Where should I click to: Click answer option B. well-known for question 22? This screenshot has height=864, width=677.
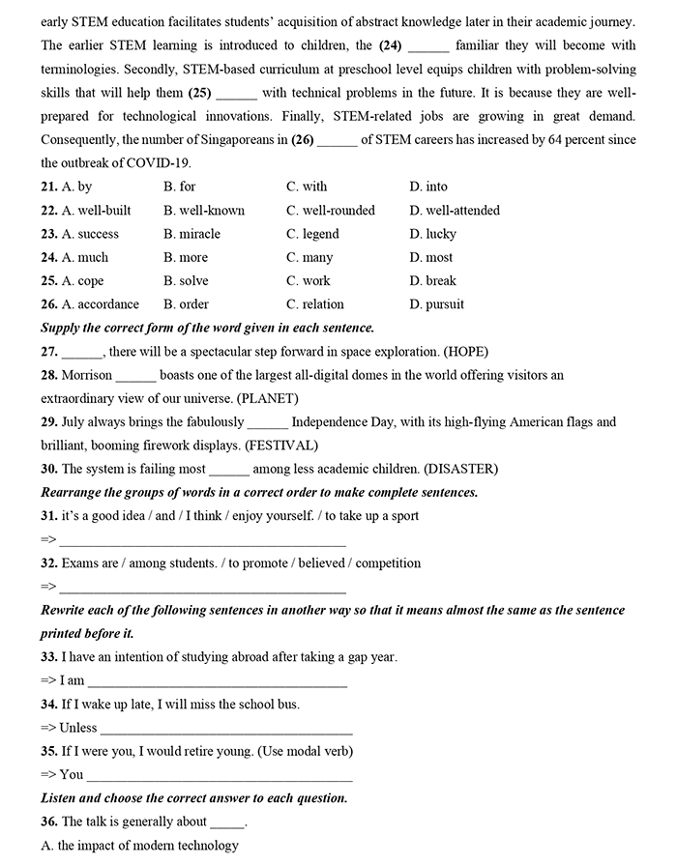pos(204,211)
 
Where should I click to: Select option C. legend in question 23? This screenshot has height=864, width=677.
pos(312,234)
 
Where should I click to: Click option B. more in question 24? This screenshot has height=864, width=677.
pos(186,258)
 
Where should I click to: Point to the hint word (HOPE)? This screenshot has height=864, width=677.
pos(460,352)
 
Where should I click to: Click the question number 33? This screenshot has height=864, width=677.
pos(48,657)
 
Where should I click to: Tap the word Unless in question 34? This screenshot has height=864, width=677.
pos(77,728)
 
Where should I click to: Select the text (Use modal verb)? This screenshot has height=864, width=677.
pos(300,751)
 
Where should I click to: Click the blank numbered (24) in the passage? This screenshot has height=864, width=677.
pos(428,45)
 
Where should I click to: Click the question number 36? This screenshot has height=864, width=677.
pos(48,821)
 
